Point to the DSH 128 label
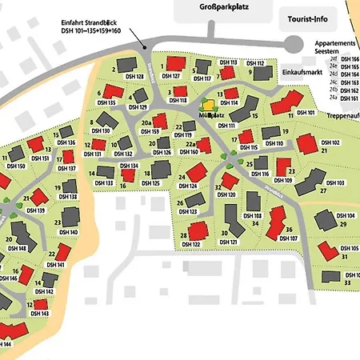pos(134,77)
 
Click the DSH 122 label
pos(190,244)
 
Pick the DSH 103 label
pos(335,183)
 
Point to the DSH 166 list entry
pos(350,58)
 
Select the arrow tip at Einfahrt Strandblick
pos(143,47)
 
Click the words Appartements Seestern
pos(332,47)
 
